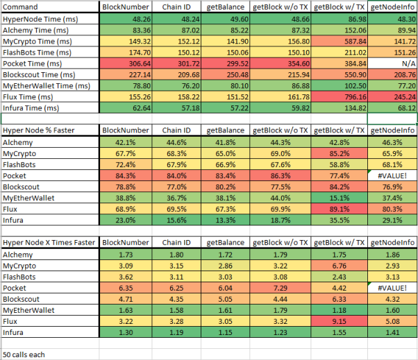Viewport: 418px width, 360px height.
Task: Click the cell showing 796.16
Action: (339, 97)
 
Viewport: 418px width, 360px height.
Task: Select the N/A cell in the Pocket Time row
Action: (392, 64)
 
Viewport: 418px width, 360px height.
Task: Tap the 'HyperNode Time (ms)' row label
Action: (40, 19)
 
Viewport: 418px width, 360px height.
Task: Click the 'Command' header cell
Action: (20, 7)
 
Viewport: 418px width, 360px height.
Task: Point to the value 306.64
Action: (126, 64)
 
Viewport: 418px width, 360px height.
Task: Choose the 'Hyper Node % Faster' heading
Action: (39, 130)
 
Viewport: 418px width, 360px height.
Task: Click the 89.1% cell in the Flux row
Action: (339, 209)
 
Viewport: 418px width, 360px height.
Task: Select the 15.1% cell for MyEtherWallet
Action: (339, 198)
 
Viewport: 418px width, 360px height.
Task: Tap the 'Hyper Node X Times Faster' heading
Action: (49, 243)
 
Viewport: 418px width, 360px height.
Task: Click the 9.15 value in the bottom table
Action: (339, 321)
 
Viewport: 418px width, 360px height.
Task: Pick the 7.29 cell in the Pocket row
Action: (281, 288)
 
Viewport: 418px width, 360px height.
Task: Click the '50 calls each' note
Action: (24, 354)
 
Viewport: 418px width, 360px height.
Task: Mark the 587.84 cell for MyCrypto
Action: (339, 42)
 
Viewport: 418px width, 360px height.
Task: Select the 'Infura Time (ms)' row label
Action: (31, 108)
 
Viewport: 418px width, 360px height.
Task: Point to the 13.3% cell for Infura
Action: (225, 220)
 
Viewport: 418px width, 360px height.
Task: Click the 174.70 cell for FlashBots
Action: (126, 53)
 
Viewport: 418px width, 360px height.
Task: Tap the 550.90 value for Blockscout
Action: (339, 75)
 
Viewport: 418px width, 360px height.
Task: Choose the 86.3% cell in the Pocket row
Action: (281, 175)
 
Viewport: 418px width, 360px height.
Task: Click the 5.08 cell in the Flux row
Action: (392, 321)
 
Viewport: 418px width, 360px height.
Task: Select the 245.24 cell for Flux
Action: (392, 97)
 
